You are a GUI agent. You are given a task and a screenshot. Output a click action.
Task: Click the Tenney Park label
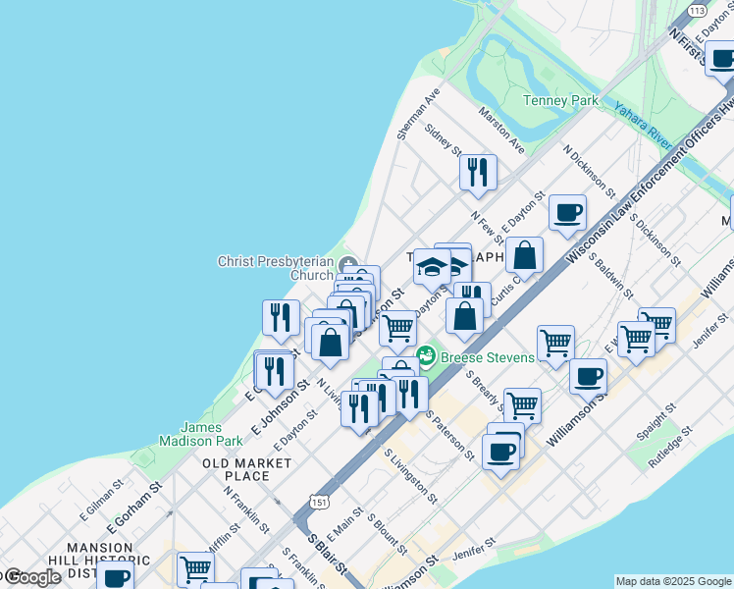click(x=560, y=100)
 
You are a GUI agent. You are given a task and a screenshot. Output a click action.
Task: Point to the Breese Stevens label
click(x=487, y=356)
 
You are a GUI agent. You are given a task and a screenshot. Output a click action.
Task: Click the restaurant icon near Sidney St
click(x=478, y=173)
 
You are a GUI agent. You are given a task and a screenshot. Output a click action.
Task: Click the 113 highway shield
click(x=697, y=10)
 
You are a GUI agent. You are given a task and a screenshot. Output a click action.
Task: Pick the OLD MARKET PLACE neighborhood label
click(x=235, y=468)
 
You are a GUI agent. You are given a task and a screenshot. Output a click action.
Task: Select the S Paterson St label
click(x=450, y=436)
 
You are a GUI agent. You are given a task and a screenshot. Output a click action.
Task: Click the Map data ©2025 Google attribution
click(x=673, y=581)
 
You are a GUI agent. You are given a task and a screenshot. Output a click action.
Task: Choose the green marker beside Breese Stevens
click(x=426, y=355)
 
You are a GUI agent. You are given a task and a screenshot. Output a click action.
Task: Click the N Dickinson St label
click(x=589, y=172)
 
